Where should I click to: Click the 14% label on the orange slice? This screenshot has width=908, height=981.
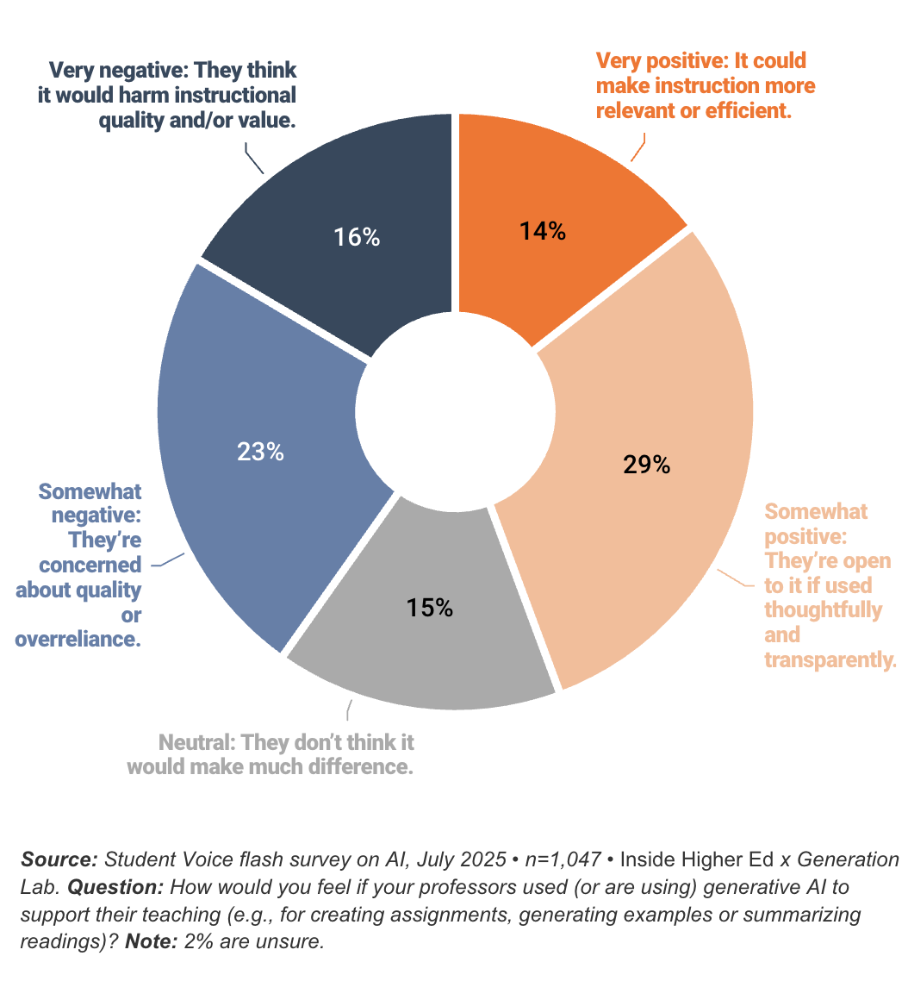542,231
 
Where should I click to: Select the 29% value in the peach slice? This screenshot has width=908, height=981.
645,465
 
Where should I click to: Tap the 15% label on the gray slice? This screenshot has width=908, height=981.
429,607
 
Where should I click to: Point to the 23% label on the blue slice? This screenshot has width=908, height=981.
260,451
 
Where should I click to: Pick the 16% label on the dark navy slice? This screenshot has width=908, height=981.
357,237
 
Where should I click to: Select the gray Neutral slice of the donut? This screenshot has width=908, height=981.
422,655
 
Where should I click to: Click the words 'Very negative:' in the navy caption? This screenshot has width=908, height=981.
112,70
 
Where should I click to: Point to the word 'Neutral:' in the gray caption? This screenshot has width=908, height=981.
197,742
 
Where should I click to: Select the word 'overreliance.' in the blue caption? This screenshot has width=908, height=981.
78,640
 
